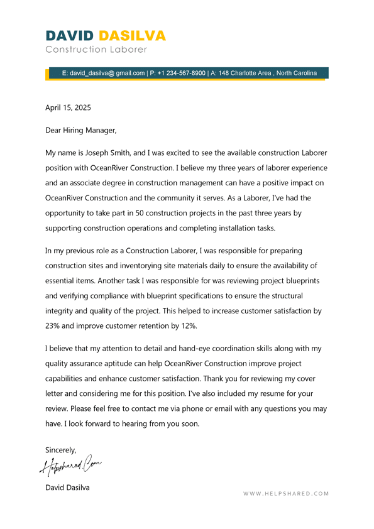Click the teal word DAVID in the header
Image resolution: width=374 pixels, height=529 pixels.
click(x=70, y=35)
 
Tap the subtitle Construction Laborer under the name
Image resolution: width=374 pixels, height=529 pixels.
click(x=96, y=49)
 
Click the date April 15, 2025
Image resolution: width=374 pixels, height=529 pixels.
click(x=68, y=107)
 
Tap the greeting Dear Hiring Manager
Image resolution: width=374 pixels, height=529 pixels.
click(x=80, y=131)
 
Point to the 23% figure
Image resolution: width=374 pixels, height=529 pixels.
click(x=53, y=326)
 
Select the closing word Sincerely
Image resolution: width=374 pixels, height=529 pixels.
click(x=60, y=450)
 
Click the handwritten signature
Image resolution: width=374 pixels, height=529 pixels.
click(x=70, y=466)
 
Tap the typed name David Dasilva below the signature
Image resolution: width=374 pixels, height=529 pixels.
click(x=67, y=488)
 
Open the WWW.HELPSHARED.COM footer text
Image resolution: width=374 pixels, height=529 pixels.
click(x=286, y=494)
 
